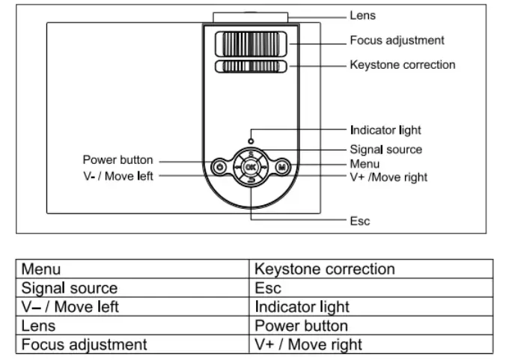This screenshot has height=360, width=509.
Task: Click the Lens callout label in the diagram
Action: click(x=363, y=15)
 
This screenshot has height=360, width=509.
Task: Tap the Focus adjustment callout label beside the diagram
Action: click(x=397, y=40)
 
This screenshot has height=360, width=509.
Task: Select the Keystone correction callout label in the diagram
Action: click(x=402, y=65)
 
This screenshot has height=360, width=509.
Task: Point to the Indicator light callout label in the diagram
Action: click(x=385, y=130)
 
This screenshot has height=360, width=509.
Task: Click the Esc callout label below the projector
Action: click(x=360, y=222)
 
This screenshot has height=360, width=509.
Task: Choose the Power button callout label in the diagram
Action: click(x=118, y=159)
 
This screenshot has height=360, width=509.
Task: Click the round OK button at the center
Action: click(x=251, y=168)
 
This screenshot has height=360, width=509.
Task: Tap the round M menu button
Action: click(x=282, y=168)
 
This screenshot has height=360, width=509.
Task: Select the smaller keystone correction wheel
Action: click(x=250, y=67)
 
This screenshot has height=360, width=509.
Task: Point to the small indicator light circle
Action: click(x=250, y=140)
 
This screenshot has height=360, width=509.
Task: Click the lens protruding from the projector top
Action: click(x=250, y=16)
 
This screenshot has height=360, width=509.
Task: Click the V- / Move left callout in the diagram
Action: click(x=118, y=177)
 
